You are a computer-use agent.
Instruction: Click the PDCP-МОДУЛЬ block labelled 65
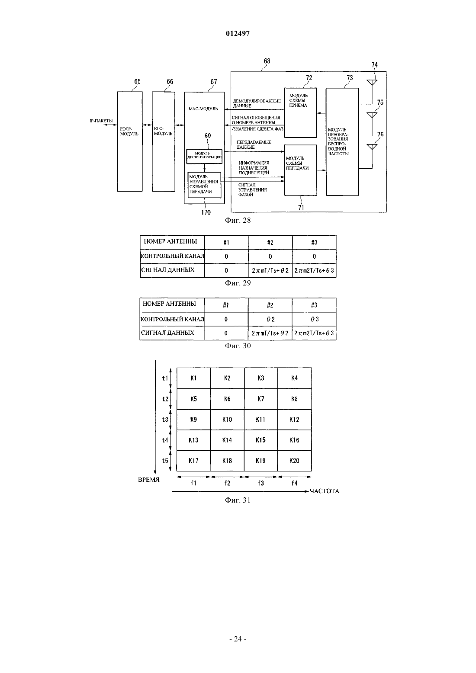pyautogui.click(x=129, y=141)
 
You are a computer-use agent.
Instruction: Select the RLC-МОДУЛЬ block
pyautogui.click(x=164, y=141)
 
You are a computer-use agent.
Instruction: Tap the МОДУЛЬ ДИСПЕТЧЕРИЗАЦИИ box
pyautogui.click(x=204, y=156)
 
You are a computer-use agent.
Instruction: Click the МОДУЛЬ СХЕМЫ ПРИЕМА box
pyautogui.click(x=300, y=112)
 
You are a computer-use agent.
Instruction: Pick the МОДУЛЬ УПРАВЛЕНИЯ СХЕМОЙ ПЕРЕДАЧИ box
pyautogui.click(x=204, y=185)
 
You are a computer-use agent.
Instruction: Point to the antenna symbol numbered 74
pyautogui.click(x=372, y=82)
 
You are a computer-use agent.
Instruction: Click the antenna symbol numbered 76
pyautogui.click(x=372, y=147)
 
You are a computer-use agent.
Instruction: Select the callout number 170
pyautogui.click(x=206, y=212)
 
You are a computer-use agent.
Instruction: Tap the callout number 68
pyautogui.click(x=267, y=61)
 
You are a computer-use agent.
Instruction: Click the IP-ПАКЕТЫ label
pyautogui.click(x=101, y=121)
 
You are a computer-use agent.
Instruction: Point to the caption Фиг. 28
pyautogui.click(x=238, y=220)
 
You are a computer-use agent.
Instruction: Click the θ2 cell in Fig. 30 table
pyautogui.click(x=270, y=319)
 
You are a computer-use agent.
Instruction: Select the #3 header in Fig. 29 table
pyautogui.click(x=314, y=243)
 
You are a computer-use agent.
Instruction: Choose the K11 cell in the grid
pyautogui.click(x=261, y=420)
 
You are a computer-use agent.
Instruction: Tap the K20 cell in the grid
pyautogui.click(x=294, y=461)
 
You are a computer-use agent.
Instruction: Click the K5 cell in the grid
pyautogui.click(x=193, y=399)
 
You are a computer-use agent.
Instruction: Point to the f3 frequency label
pyautogui.click(x=261, y=483)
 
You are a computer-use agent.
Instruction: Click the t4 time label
pyautogui.click(x=165, y=440)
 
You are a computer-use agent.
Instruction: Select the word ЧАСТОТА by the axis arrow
pyautogui.click(x=325, y=491)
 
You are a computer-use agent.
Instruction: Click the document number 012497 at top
pyautogui.click(x=238, y=33)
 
